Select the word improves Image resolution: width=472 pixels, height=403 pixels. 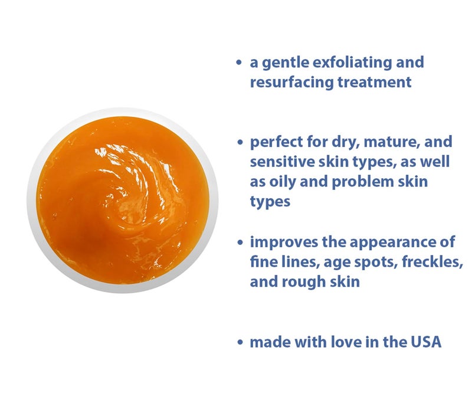click(278, 242)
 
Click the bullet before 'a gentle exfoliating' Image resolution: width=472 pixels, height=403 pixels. click(239, 63)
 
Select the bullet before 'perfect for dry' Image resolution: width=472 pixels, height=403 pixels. click(239, 143)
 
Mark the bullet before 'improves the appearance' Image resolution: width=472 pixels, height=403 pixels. click(239, 243)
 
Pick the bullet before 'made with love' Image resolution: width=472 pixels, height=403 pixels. click(239, 342)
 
